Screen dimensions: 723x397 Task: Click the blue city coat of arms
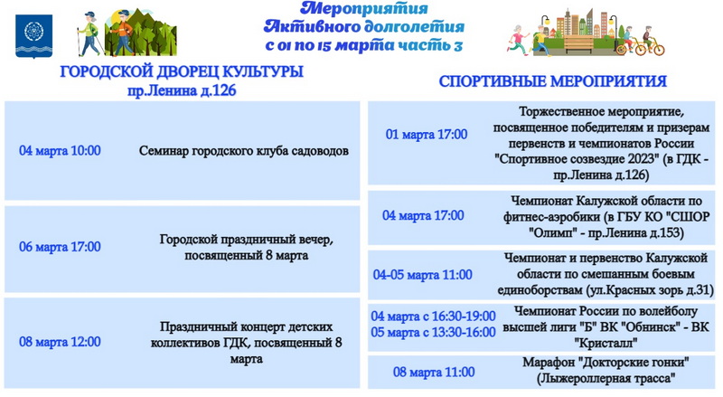click(x=33, y=36)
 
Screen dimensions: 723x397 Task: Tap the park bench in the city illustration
click(x=578, y=43)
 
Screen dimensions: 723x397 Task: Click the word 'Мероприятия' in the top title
click(x=364, y=8)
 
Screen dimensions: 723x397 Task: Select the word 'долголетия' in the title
click(x=414, y=26)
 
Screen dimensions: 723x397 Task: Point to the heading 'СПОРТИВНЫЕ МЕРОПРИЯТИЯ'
click(x=552, y=81)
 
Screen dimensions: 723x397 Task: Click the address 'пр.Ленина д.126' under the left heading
click(x=182, y=90)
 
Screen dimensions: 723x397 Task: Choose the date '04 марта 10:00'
click(x=60, y=150)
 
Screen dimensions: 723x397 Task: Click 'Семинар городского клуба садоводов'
click(x=244, y=151)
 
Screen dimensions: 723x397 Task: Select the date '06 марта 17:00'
click(x=60, y=247)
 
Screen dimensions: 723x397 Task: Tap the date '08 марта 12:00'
click(x=60, y=342)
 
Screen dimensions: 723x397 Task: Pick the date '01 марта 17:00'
click(x=427, y=135)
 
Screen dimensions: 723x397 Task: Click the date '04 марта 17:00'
click(x=423, y=215)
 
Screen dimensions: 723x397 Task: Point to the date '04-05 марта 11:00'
click(x=422, y=275)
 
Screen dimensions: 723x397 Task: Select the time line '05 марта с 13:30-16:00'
click(x=433, y=332)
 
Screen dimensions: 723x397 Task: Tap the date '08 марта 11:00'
click(x=434, y=372)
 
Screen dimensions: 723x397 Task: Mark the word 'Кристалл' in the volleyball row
click(x=606, y=343)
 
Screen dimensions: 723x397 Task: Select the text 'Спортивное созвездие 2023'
click(x=577, y=159)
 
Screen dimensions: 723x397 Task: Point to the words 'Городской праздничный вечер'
click(x=246, y=240)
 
